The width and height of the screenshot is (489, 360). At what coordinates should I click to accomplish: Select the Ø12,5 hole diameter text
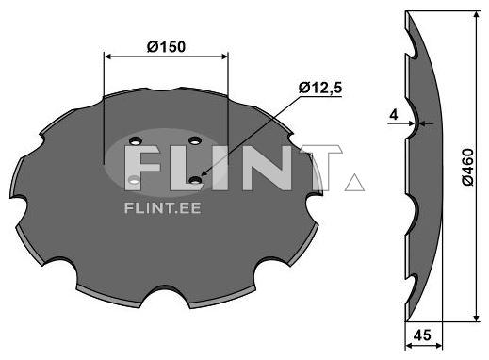(x=319, y=87)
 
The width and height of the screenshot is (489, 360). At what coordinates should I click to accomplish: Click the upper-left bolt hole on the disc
(x=135, y=143)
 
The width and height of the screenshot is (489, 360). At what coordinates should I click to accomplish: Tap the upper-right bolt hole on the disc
(x=196, y=141)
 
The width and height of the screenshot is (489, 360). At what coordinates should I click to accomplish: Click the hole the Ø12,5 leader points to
(x=195, y=178)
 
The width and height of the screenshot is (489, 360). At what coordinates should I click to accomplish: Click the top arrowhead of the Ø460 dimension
(x=477, y=16)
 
